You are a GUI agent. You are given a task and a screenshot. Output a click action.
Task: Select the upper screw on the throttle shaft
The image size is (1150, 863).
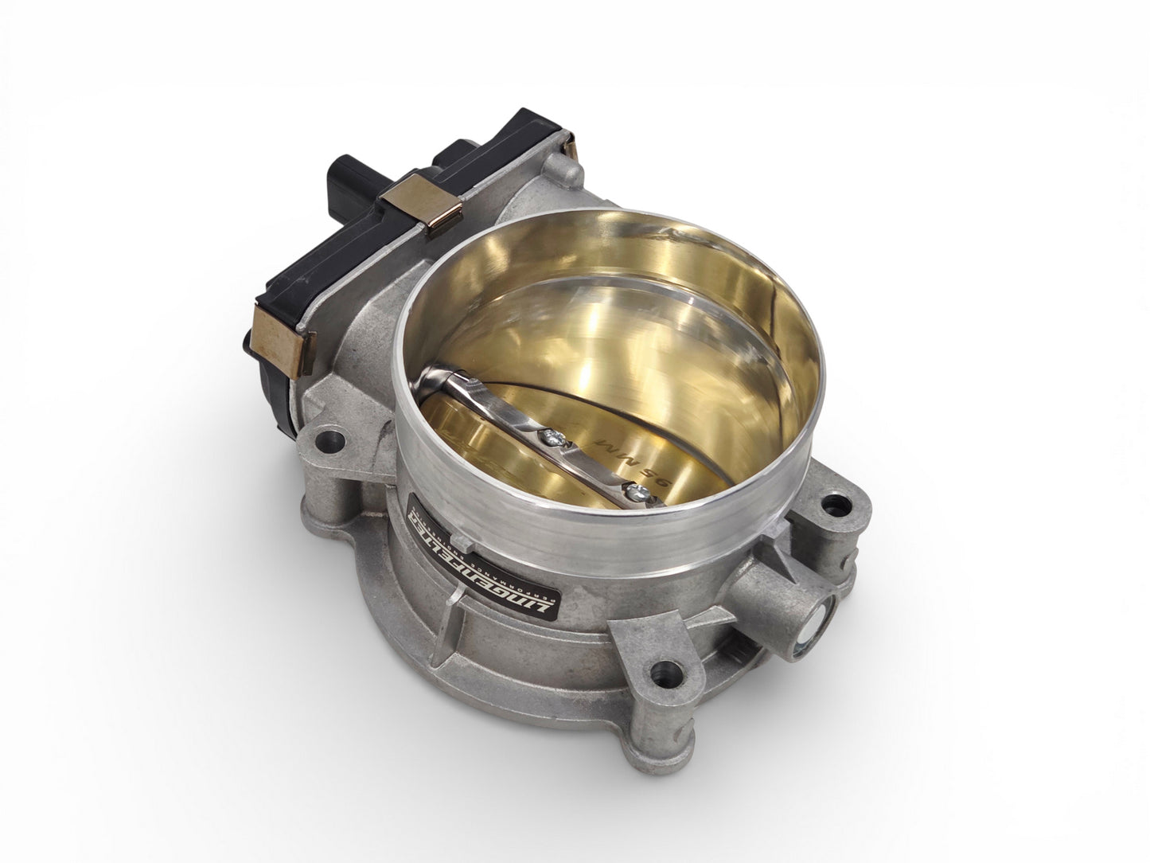[x=548, y=435]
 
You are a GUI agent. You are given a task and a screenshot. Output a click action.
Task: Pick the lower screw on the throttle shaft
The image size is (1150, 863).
[x=633, y=494]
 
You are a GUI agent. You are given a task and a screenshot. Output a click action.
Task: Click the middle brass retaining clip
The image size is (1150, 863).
[x=413, y=203]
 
